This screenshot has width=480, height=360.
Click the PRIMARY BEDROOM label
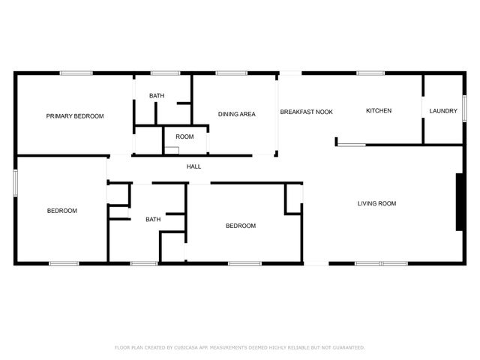(75, 116)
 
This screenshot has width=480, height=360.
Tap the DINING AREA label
(237, 115)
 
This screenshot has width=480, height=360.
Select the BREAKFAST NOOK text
(306, 112)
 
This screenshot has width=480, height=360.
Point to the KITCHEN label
(379, 111)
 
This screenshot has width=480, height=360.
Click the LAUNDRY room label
(443, 111)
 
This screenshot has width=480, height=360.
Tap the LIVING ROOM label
(376, 203)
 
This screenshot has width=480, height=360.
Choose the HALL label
(193, 166)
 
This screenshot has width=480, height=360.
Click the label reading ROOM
(184, 136)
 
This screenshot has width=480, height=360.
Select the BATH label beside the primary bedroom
(157, 96)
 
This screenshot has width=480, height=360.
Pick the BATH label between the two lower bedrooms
(153, 219)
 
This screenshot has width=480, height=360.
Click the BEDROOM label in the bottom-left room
(62, 211)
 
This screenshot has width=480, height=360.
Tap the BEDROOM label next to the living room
(241, 226)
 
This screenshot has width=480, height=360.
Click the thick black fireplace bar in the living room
(458, 202)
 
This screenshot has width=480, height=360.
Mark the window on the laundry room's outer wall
(464, 106)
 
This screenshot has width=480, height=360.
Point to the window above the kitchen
(370, 73)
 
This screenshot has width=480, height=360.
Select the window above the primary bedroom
(76, 73)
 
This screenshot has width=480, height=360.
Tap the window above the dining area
(232, 73)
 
